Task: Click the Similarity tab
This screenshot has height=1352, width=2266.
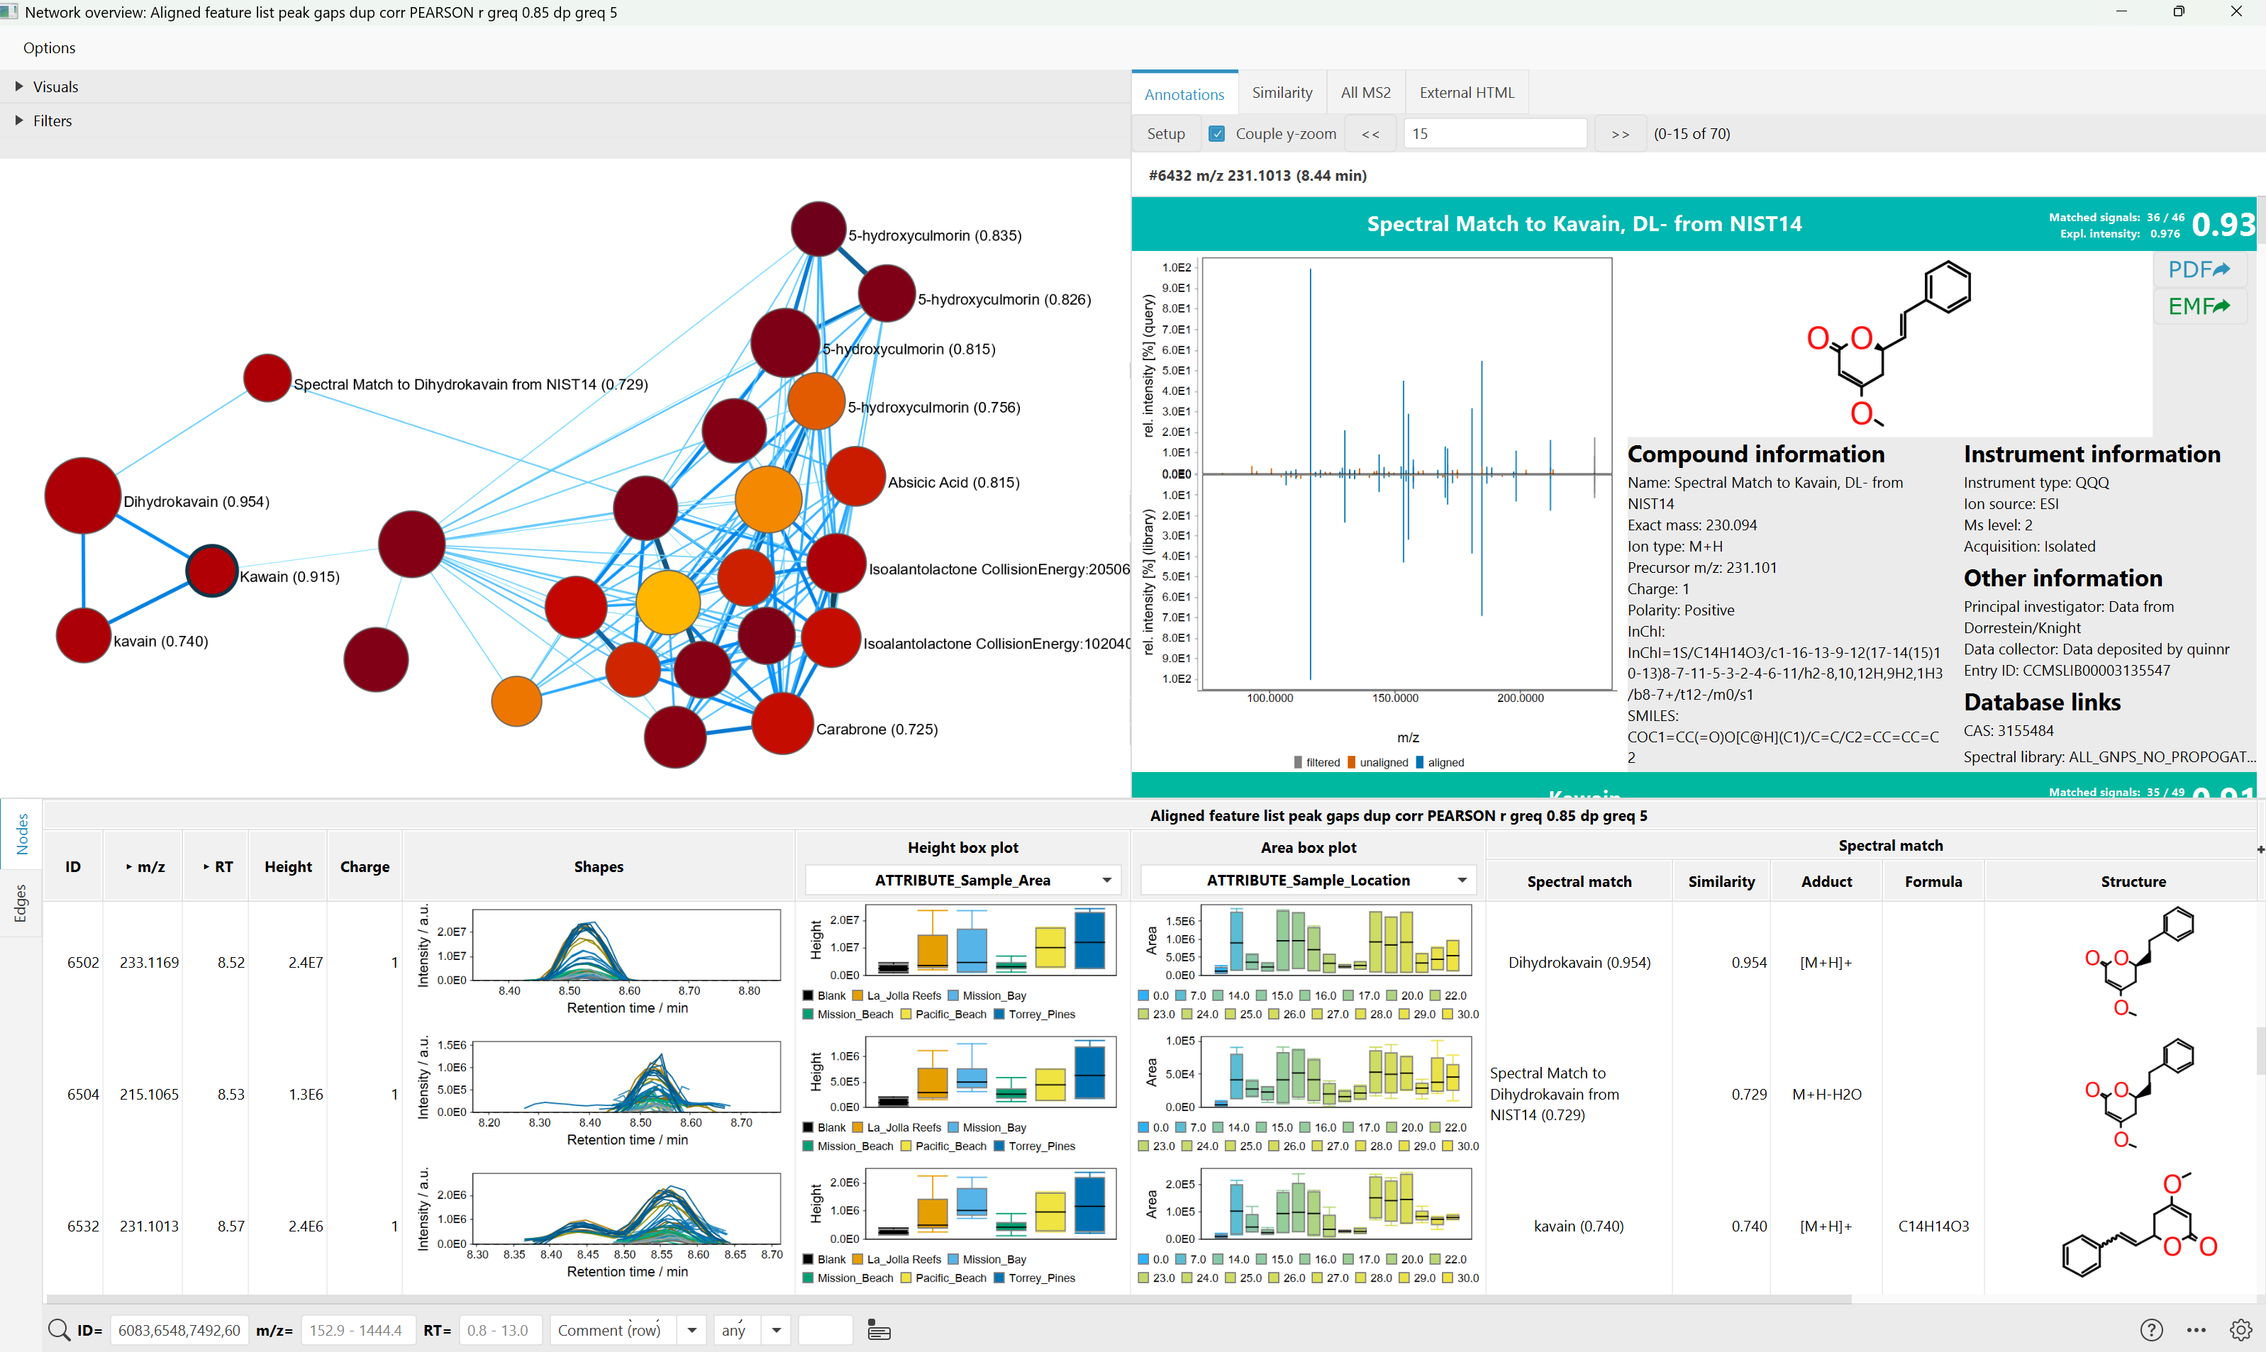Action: click(x=1281, y=92)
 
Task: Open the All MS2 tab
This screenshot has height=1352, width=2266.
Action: click(x=1365, y=92)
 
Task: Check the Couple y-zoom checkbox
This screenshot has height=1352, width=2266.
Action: click(x=1216, y=133)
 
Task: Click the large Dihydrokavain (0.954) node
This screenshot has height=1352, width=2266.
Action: click(x=83, y=496)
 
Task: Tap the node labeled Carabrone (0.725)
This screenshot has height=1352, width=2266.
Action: click(x=782, y=723)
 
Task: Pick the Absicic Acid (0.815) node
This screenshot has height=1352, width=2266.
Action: click(x=855, y=476)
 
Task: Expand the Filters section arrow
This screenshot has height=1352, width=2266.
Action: click(x=19, y=121)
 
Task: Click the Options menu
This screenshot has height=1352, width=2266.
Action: click(x=49, y=48)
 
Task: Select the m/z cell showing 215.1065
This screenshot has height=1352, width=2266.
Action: click(x=148, y=1094)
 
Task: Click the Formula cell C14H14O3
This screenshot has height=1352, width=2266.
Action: click(x=1933, y=1227)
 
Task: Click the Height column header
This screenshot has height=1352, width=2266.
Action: click(x=288, y=866)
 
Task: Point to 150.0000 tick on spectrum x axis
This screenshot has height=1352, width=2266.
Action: click(x=1394, y=698)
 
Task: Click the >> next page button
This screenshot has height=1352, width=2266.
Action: click(x=1619, y=134)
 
